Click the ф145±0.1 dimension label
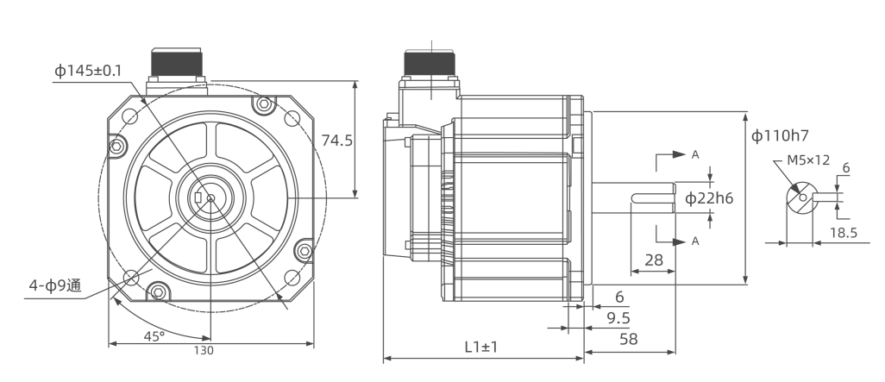point(87,71)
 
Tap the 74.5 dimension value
point(337,141)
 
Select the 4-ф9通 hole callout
point(55,285)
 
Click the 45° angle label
point(154,336)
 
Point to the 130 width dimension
point(204,350)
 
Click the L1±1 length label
point(481,347)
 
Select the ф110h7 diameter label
point(780,135)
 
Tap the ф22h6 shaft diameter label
point(709,198)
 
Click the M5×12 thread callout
point(809,160)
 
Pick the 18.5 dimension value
point(844,233)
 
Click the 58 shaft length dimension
point(629,339)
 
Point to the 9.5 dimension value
point(618,318)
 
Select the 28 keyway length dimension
point(654,260)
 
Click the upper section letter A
point(694,154)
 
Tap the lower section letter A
point(694,241)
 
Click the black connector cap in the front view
point(177,61)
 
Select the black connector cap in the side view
point(430,63)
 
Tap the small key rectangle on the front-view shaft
point(198,197)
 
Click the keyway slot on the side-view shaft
point(653,198)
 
